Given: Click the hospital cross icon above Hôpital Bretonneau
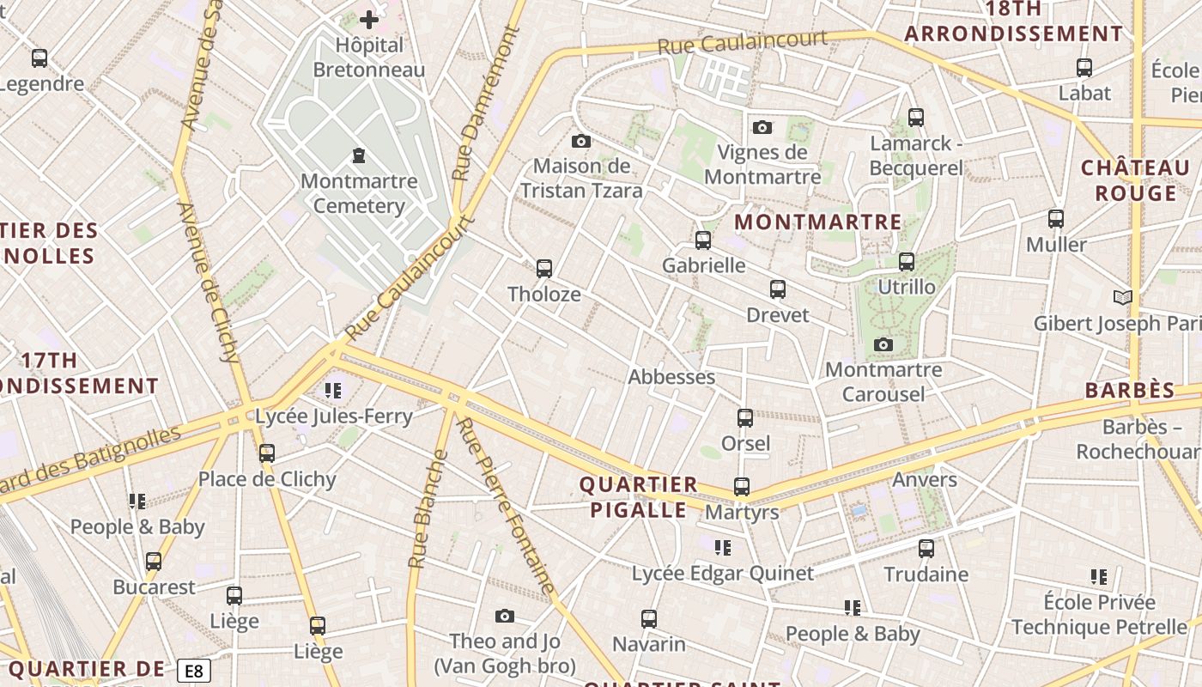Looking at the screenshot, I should [x=369, y=20].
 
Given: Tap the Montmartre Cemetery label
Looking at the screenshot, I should [x=359, y=193].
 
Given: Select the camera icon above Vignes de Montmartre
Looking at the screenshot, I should [x=762, y=128].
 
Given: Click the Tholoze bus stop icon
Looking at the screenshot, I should [x=543, y=269].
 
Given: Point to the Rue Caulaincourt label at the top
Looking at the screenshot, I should [x=743, y=41].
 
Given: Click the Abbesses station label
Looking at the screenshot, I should [x=671, y=377].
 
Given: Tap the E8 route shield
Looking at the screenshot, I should [x=194, y=671].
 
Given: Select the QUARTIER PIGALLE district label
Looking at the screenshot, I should [x=639, y=497].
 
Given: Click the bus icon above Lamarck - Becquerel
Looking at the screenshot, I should [x=916, y=118].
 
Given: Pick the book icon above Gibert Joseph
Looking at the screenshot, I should [x=1122, y=298].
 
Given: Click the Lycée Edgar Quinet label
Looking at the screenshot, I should [x=723, y=573].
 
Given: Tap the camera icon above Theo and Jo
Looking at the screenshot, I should [x=505, y=617].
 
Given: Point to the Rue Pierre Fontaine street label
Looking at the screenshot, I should [x=505, y=507].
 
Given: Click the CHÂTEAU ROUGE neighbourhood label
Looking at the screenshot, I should [x=1135, y=179].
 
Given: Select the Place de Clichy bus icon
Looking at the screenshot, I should [x=267, y=453].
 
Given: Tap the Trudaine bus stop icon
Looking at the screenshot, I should [x=926, y=549].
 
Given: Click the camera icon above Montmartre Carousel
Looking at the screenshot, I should [x=883, y=345].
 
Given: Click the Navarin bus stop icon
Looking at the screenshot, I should [x=649, y=619].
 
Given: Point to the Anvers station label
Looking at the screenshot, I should [x=925, y=479].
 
